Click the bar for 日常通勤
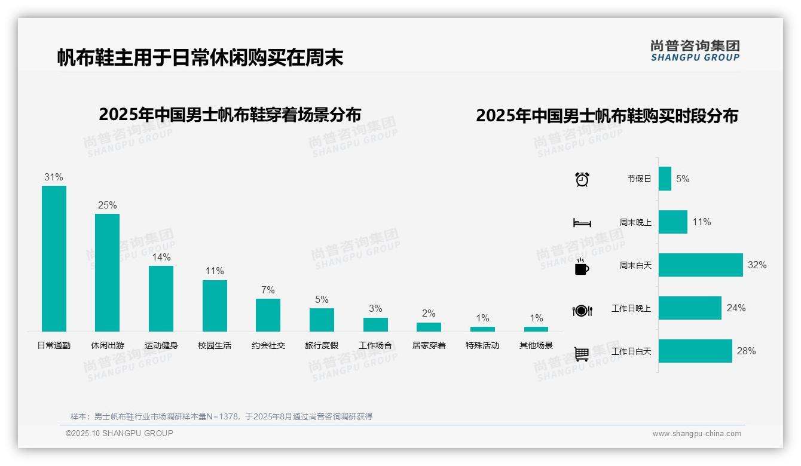54,258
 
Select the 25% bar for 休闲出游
107,272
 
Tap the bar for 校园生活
215,305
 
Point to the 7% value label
268,290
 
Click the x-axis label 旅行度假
322,345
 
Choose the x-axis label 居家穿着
429,345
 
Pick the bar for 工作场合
375,324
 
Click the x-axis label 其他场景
536,345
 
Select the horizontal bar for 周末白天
701,265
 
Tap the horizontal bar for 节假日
665,179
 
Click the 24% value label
736,308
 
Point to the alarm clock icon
582,179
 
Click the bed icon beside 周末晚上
582,223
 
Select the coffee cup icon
582,267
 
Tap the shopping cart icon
582,354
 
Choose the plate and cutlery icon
582,311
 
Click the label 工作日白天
631,351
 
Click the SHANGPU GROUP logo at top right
695,51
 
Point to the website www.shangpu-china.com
696,434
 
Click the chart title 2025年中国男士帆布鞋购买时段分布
607,116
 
